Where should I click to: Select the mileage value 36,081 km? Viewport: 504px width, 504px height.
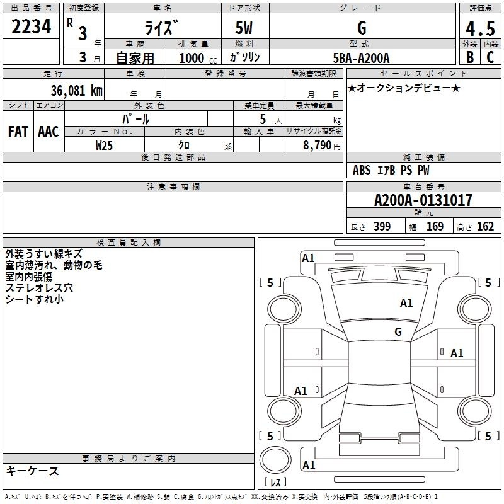point(76,90)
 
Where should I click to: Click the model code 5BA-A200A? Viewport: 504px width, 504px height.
point(361,58)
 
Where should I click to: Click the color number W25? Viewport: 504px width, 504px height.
point(104,145)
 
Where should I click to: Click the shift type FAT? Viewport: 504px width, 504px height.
point(18,132)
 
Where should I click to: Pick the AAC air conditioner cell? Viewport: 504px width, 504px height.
point(48,132)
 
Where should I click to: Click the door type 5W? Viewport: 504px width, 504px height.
point(245,28)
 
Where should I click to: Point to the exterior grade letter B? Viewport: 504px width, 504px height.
point(469,57)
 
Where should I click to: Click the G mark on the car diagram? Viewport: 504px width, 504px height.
point(398,332)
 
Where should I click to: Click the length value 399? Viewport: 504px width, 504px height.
point(382,227)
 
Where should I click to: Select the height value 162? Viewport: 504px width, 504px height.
point(485,227)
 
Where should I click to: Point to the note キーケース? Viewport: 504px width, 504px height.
point(33,471)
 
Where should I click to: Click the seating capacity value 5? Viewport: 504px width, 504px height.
point(261,118)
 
